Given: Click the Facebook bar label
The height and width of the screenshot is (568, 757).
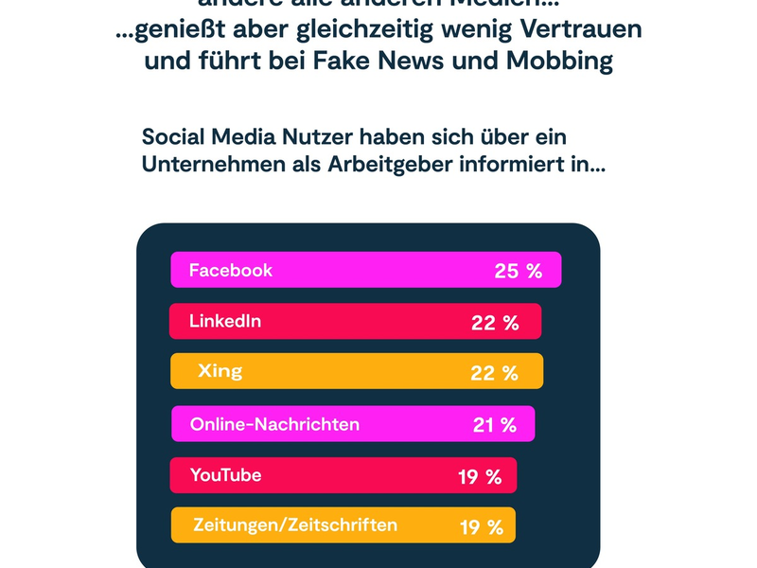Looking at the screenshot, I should click(x=231, y=270).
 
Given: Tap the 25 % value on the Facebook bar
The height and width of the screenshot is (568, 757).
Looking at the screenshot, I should click(x=518, y=272).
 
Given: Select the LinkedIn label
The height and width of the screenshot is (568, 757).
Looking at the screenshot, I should click(x=225, y=321).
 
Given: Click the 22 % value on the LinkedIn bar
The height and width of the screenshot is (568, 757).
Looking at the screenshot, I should click(x=495, y=323).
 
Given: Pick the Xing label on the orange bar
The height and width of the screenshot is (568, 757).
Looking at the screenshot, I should click(x=220, y=371).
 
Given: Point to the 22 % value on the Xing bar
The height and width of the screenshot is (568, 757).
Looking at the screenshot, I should click(x=494, y=373).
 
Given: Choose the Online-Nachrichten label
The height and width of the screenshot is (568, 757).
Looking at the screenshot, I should click(x=274, y=424).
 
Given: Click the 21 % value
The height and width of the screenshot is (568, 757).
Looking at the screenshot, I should click(x=495, y=425).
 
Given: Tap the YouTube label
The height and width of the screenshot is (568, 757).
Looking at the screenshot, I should click(x=225, y=475).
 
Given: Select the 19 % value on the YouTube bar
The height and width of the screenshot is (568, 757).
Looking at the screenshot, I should click(x=480, y=477).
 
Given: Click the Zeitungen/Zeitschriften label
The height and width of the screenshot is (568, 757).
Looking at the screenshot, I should click(x=295, y=524).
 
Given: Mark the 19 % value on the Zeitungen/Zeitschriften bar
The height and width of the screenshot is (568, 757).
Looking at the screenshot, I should click(x=482, y=527).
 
